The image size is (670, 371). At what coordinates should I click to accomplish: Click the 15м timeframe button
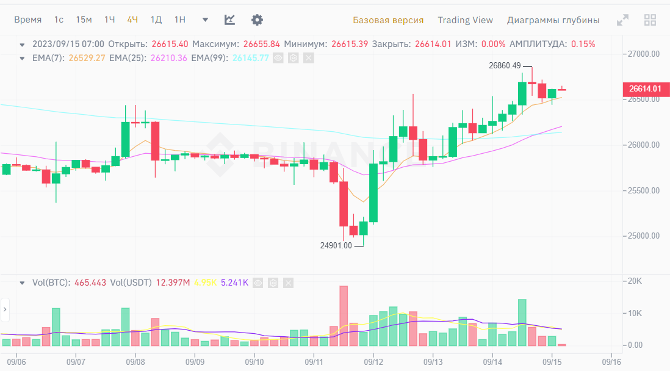[84, 20]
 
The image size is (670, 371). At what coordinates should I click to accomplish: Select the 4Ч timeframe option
[132, 20]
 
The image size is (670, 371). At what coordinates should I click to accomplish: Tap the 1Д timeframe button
[156, 20]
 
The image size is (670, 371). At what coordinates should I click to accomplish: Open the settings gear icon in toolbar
[257, 20]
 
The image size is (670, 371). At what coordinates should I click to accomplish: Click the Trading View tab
[465, 20]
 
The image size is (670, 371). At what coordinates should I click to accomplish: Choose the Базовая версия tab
[388, 20]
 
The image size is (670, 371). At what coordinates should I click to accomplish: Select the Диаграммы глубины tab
[553, 20]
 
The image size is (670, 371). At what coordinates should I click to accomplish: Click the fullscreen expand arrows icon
[622, 20]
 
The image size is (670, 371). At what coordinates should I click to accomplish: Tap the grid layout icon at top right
[650, 20]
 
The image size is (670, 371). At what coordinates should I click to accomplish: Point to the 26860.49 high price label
[505, 65]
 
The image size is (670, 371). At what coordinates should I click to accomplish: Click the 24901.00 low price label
[336, 246]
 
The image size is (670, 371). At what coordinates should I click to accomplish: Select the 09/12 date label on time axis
[373, 361]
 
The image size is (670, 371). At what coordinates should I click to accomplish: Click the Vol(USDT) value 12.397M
[173, 283]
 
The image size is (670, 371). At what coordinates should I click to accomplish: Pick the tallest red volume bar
[344, 315]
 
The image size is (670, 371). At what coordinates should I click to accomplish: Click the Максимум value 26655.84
[261, 44]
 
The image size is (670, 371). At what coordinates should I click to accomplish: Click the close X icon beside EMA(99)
[308, 58]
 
